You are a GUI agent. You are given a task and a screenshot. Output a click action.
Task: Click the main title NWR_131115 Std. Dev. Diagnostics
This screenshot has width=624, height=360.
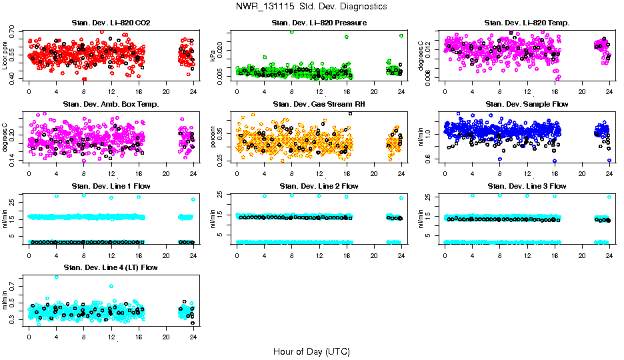[311, 6]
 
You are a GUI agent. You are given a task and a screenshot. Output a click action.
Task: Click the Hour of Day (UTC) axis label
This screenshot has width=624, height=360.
[311, 351]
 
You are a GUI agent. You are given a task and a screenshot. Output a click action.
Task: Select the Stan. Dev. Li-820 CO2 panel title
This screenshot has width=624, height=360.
[111, 23]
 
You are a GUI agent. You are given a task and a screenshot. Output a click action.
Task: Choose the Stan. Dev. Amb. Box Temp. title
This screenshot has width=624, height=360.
[111, 104]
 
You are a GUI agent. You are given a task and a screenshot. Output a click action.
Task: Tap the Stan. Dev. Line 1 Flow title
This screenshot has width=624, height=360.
[111, 186]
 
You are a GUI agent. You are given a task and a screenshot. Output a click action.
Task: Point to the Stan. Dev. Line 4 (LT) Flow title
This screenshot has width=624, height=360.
[111, 267]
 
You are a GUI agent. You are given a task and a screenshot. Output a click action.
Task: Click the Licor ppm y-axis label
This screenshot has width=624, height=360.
[5, 55]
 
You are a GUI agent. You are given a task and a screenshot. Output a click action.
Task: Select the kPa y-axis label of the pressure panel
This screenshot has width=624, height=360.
[213, 55]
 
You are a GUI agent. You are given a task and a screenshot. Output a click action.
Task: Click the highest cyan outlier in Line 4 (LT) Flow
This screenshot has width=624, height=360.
[56, 277]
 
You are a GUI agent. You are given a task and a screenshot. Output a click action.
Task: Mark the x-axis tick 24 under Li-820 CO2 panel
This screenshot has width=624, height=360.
[193, 91]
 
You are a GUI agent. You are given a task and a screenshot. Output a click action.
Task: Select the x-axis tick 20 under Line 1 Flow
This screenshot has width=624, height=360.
[166, 254]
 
